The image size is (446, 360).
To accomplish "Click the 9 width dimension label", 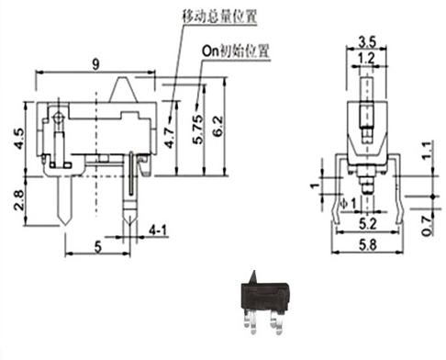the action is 95,64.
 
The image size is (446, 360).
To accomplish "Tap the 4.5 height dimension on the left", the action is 19,139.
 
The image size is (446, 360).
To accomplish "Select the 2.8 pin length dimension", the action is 19,200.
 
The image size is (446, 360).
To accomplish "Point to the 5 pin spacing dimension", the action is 97,247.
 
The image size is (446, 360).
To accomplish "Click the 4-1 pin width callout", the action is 158,231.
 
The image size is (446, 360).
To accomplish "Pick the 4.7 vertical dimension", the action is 169,139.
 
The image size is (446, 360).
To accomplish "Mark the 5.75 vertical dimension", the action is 197,129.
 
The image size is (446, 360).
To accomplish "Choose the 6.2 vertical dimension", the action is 217,126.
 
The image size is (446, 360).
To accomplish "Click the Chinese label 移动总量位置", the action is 219,17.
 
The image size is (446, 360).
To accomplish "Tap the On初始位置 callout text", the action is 236,51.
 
